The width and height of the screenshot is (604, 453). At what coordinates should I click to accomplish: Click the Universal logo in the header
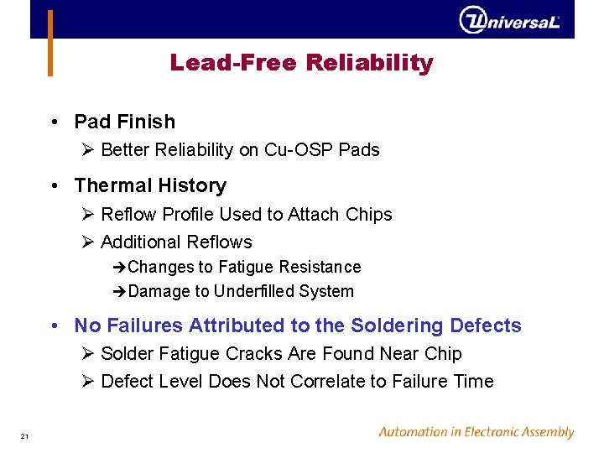click(509, 19)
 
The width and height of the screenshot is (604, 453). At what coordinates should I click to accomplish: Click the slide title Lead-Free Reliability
click(301, 63)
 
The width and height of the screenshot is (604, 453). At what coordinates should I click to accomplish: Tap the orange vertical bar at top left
click(50, 42)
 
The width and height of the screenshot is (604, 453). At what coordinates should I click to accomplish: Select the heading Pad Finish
click(124, 122)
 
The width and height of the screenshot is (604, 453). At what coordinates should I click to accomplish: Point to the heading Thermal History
click(150, 185)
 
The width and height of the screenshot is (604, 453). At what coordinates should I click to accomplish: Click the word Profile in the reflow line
click(184, 215)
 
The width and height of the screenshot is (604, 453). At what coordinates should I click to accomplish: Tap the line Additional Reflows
click(175, 242)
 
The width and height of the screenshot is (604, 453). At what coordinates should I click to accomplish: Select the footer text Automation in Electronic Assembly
click(476, 433)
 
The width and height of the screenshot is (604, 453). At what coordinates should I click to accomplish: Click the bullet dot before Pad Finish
click(54, 122)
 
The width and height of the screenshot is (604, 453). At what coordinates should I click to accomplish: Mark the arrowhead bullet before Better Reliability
click(88, 150)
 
